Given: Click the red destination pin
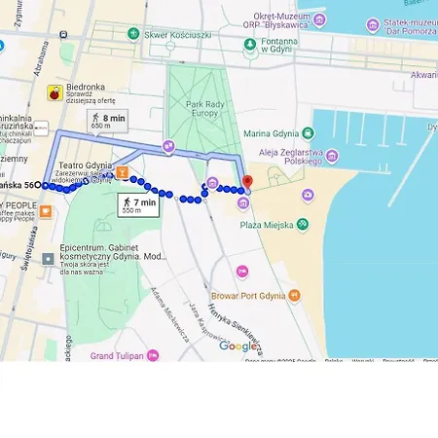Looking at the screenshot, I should [247, 182].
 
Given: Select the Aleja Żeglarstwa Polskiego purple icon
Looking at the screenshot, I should [332, 156].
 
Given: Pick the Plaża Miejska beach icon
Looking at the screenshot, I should [303, 224].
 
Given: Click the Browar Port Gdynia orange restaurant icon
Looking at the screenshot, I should [295, 295].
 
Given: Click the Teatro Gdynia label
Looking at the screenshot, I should [86, 165].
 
